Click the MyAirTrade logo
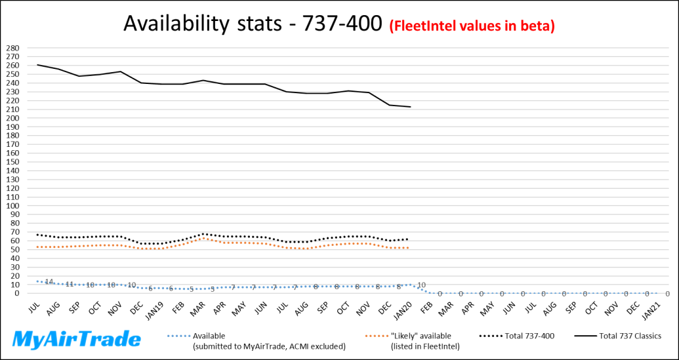point(77,339)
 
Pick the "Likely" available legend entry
point(421,336)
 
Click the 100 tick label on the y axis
point(12,206)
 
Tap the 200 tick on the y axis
point(12,119)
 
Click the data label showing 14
point(49,282)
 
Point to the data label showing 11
point(70,285)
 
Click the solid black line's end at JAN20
point(410,107)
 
